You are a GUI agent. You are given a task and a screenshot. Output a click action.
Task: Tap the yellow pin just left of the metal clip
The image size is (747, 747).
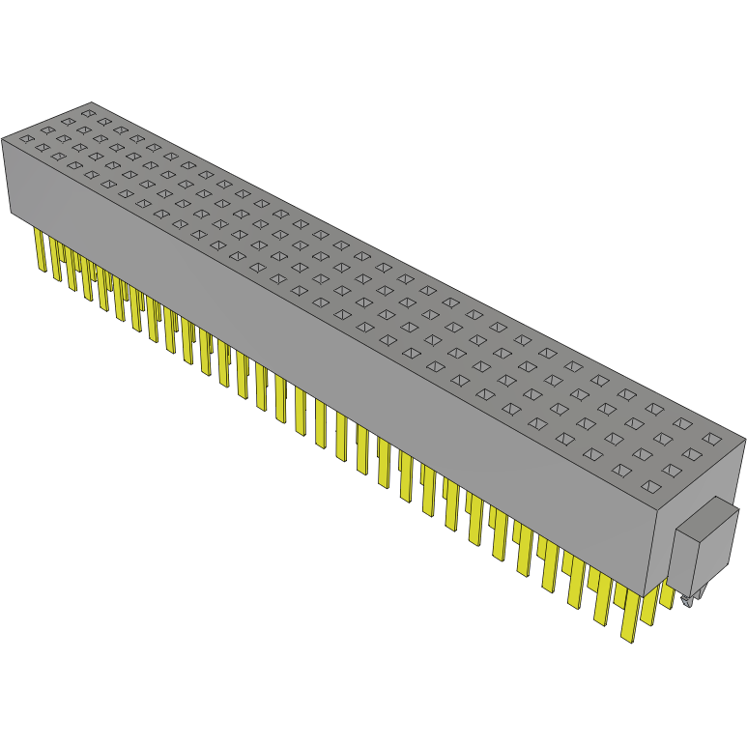point(667,592)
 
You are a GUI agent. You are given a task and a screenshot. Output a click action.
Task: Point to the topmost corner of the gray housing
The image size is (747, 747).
point(90,102)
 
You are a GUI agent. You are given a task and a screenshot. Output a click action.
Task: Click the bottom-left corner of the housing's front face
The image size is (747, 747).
point(11,215)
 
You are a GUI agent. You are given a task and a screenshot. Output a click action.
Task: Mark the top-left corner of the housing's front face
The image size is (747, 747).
point(2,138)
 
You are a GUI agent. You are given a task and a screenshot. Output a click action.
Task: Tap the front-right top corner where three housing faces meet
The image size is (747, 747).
point(656,506)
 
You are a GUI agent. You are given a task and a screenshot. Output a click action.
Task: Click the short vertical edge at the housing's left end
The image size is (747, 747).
point(6,176)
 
